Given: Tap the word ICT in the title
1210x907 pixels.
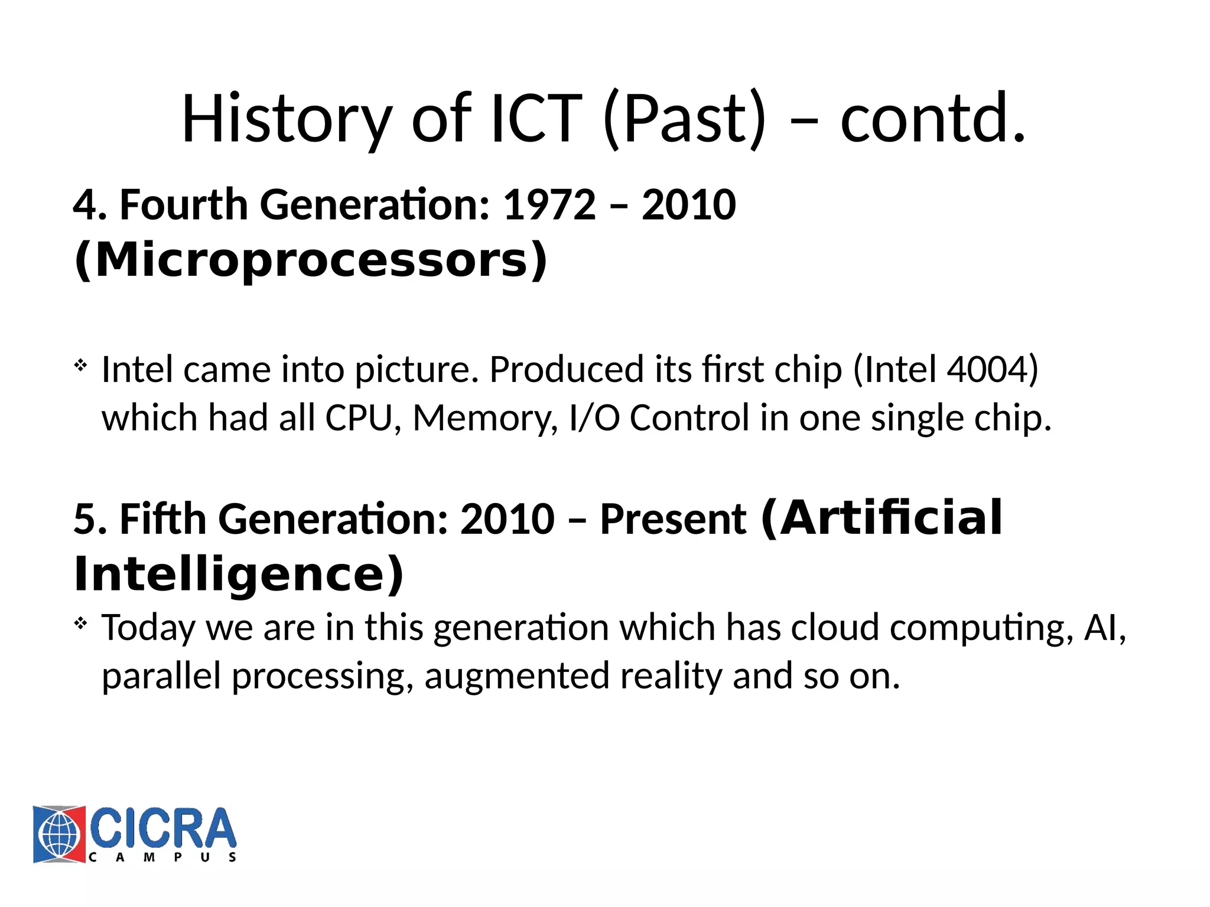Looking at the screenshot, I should tap(536, 119).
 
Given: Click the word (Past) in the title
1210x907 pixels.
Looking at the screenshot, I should tap(685, 119).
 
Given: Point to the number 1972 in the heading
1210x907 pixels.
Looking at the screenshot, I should tap(549, 205).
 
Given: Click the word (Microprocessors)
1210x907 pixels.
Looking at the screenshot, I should tap(311, 260).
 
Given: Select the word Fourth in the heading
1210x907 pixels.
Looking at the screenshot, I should tap(184, 205).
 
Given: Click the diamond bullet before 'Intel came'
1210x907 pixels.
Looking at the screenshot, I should tap(81, 366).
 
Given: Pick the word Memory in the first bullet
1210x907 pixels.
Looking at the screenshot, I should tap(484, 418).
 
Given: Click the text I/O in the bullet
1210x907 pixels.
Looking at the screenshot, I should tap(594, 418).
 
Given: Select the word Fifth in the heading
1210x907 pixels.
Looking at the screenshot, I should tap(163, 520).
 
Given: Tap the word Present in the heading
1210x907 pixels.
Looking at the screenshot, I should tap(673, 520).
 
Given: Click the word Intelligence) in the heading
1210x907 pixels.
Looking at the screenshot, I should tap(239, 574).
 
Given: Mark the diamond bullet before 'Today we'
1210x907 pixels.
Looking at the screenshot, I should tap(81, 623).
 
